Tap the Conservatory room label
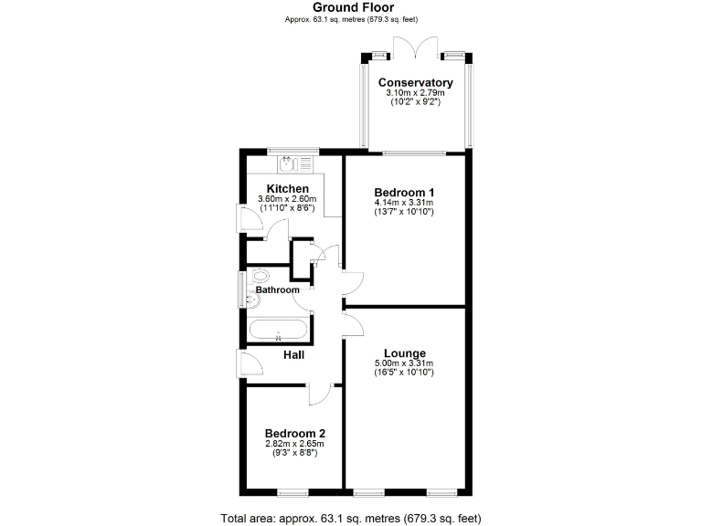pos(416,82)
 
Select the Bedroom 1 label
pos(404,192)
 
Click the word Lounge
pos(404,353)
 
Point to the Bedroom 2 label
pos(295,434)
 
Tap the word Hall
pos(293,354)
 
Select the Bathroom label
pos(277,290)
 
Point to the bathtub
pos(279,331)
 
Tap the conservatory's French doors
pos(416,46)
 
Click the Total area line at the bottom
pos(351,518)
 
